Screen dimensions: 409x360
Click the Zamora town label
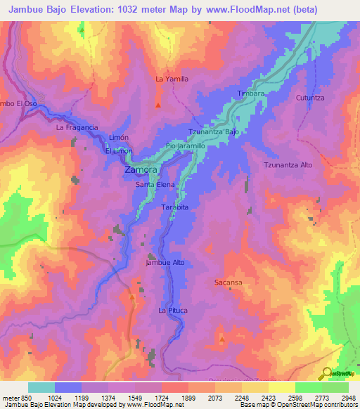click(x=141, y=171)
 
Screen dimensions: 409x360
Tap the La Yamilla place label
click(x=172, y=79)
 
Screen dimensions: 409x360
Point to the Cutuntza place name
click(x=310, y=98)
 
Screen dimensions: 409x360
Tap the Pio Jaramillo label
click(x=185, y=145)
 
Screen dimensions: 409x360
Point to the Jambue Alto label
click(x=165, y=263)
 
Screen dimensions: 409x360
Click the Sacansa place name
click(x=228, y=282)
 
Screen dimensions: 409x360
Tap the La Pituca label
click(x=172, y=310)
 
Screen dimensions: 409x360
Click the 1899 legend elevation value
click(x=188, y=398)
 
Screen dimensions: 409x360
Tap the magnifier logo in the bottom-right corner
click(x=326, y=373)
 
